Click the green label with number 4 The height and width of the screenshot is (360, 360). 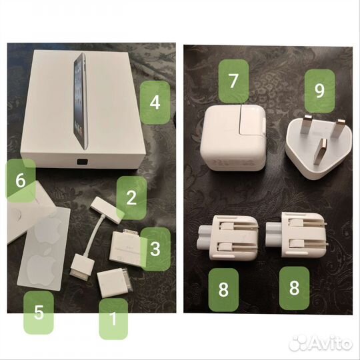[x=155, y=103]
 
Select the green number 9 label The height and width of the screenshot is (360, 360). [x=319, y=91]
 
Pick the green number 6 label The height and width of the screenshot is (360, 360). [x=21, y=179]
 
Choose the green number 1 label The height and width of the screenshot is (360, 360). [x=113, y=319]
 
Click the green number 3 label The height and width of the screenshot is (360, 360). [x=154, y=249]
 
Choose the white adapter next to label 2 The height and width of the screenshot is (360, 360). [x=105, y=207]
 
